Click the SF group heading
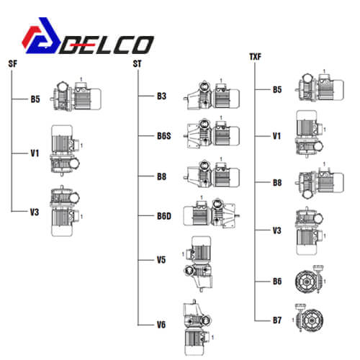[x=13, y=64]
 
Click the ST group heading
[x=138, y=64]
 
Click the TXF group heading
[x=255, y=57]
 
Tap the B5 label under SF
[x=35, y=99]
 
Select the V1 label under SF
[x=35, y=153]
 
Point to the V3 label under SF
[x=35, y=212]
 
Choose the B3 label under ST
[x=161, y=96]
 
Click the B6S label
[x=164, y=136]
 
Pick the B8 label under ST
[x=161, y=176]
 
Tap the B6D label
[x=164, y=216]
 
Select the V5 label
[x=161, y=260]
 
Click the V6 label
[x=161, y=325]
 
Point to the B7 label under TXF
[x=277, y=320]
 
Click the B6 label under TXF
[x=277, y=282]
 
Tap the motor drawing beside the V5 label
[x=197, y=264]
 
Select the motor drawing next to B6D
[x=211, y=213]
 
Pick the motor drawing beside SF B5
[x=76, y=95]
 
